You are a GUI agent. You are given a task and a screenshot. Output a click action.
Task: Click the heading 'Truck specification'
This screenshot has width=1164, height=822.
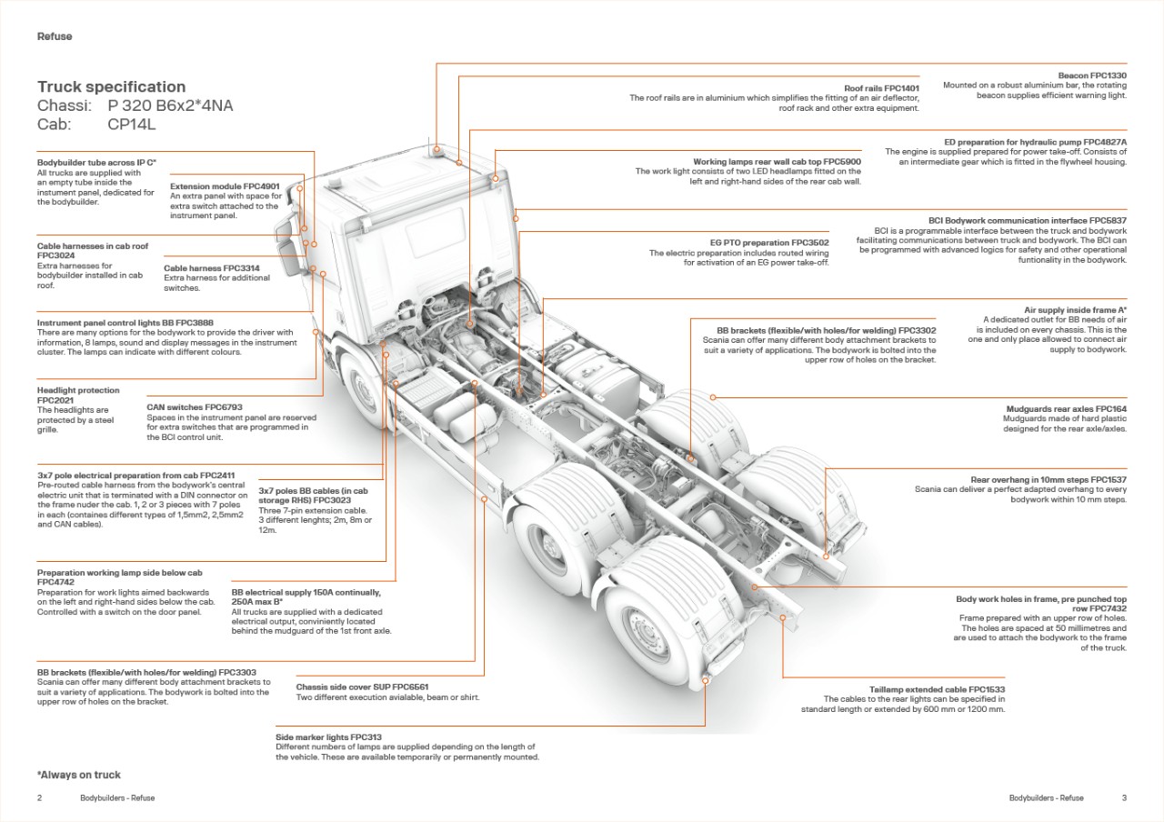111,87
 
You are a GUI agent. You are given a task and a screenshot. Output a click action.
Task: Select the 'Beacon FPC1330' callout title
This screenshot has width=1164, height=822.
1091,75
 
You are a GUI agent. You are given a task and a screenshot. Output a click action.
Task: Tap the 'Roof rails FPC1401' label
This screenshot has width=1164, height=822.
881,88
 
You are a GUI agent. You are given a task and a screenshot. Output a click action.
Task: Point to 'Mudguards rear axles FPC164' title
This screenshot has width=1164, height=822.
1066,409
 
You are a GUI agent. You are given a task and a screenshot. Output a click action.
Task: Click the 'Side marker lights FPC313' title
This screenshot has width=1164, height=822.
328,737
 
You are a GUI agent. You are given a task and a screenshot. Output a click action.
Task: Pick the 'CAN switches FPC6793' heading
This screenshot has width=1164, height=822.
195,407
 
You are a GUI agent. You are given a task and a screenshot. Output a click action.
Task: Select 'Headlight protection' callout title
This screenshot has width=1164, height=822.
78,390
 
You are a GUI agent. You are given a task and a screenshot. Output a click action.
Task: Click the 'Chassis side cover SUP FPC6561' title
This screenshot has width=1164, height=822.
362,687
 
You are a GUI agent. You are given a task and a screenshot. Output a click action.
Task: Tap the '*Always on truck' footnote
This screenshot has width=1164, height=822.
79,775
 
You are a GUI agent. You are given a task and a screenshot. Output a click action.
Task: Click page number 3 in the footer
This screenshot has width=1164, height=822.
1124,798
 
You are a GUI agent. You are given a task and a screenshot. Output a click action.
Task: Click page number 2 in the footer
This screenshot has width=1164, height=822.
40,798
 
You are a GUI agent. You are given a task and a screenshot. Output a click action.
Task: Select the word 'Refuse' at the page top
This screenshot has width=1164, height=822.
55,36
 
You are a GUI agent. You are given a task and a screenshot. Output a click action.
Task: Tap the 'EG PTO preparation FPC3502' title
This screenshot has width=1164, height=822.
769,243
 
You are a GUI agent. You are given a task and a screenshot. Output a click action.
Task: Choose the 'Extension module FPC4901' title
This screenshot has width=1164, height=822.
225,186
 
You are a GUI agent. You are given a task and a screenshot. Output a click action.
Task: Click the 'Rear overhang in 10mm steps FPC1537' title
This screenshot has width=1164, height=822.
1049,479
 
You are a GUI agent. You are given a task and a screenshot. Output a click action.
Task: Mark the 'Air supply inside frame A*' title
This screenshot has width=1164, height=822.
1075,310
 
